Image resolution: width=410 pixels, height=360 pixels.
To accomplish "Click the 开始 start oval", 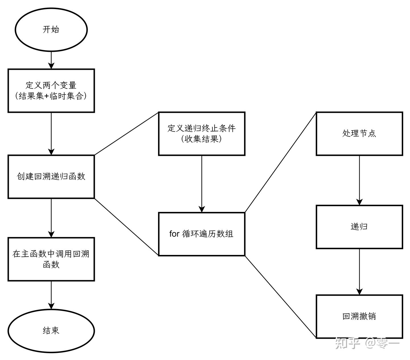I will click(x=51, y=30).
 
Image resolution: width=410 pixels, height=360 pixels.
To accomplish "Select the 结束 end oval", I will click(x=51, y=331).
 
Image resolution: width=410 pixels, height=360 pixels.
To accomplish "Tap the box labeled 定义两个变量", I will click(x=51, y=91).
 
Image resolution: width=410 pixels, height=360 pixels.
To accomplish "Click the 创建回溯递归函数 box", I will click(x=51, y=177).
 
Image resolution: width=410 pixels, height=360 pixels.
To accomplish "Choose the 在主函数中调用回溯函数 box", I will click(x=51, y=259).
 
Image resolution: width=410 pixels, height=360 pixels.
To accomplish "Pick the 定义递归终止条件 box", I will click(x=202, y=134).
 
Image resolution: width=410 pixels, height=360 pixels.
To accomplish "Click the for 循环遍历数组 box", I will click(x=202, y=234).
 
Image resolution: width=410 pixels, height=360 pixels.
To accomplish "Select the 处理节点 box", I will click(x=359, y=134).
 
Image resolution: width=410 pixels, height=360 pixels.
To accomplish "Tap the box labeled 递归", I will click(x=359, y=227).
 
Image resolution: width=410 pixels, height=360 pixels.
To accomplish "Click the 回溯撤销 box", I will click(x=359, y=316).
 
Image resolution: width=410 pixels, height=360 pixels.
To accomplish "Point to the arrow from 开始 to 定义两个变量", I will click(x=51, y=60).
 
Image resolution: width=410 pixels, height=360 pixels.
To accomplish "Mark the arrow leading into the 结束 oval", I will click(x=51, y=295).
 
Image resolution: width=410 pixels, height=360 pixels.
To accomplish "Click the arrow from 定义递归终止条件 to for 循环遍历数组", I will click(x=202, y=184).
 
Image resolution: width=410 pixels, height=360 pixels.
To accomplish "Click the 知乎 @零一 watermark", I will click(x=367, y=343).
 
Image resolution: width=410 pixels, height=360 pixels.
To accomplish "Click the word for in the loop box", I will click(x=174, y=234).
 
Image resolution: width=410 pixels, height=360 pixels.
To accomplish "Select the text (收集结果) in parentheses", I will click(x=202, y=139).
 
